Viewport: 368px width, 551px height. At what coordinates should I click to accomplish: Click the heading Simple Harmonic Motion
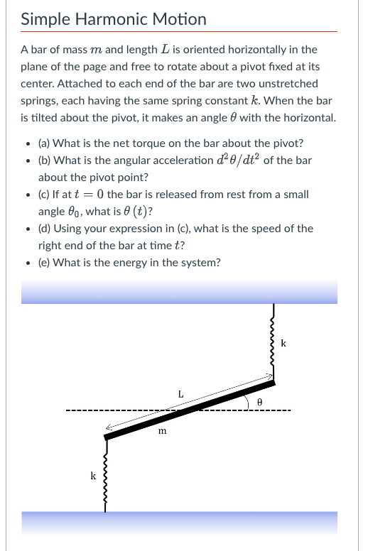(x=114, y=19)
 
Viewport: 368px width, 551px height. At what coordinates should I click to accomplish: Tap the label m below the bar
(x=163, y=430)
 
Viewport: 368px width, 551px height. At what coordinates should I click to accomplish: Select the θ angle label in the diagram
(x=260, y=401)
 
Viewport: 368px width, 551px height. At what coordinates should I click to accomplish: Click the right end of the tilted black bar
(x=271, y=384)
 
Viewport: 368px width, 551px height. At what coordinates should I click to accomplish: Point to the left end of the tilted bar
(x=108, y=437)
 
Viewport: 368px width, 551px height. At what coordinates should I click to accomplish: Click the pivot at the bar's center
(x=178, y=411)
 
